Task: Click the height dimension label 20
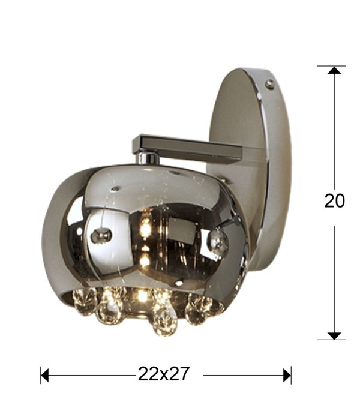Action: (334, 201)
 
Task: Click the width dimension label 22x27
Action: (163, 374)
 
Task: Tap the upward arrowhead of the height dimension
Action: (334, 70)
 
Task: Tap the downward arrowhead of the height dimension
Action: (334, 336)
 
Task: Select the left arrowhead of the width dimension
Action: (44, 375)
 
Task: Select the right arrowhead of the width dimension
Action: (287, 375)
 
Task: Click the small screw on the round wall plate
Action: (270, 83)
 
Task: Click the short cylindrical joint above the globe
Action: (149, 157)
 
